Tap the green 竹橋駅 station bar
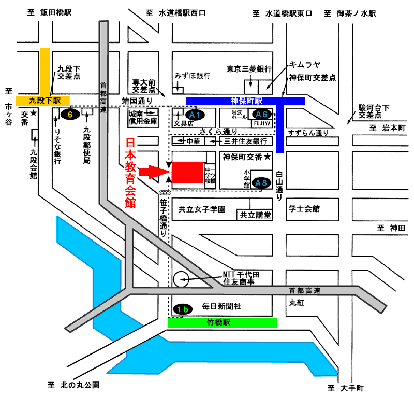click(222, 323)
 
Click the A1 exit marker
click(195, 115)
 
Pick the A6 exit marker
click(262, 114)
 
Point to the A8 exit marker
click(261, 183)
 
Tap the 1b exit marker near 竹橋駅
click(183, 309)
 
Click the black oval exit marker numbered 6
click(70, 114)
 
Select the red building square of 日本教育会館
click(188, 172)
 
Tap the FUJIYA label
click(262, 124)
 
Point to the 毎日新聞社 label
click(222, 306)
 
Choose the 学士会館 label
click(304, 209)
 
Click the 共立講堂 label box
click(255, 215)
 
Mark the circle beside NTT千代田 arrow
click(181, 279)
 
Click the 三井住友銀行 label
click(245, 142)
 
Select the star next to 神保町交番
click(268, 157)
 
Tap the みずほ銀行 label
click(193, 76)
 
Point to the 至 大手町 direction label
click(346, 388)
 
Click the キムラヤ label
click(305, 65)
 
